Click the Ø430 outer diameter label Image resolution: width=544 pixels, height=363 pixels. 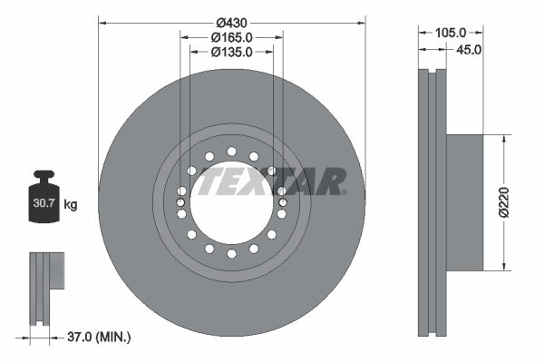click(x=231, y=23)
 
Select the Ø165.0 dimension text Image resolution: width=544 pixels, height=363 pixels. click(x=231, y=37)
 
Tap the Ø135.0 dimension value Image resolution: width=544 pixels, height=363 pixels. click(x=231, y=52)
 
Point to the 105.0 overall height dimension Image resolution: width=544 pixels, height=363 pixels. click(x=451, y=33)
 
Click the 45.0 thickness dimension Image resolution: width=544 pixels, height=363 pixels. click(x=469, y=50)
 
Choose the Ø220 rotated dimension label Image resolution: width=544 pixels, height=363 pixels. click(x=504, y=202)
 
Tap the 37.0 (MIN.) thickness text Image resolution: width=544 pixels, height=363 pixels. click(x=99, y=337)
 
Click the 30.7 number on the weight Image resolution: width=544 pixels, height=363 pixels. click(x=44, y=203)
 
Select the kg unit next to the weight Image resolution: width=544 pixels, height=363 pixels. click(x=71, y=204)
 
